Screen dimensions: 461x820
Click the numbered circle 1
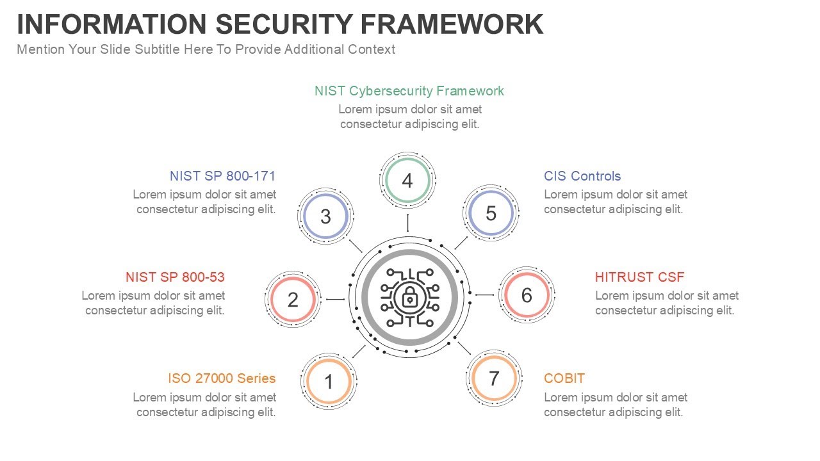329,382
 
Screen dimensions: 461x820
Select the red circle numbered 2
293,299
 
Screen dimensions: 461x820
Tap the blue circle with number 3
325,216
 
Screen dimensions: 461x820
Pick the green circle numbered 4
407,181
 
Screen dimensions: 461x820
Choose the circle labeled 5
491,213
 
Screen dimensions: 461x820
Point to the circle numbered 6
527,295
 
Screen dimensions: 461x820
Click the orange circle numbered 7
493,378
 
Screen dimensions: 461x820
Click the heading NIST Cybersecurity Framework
409,91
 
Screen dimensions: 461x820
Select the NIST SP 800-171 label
222,176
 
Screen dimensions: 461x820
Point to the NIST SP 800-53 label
175,277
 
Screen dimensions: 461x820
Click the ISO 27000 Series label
222,378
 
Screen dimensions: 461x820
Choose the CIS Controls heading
582,176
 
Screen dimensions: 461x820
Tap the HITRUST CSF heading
639,277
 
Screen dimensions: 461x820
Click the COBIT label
564,378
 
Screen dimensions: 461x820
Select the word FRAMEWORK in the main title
452,24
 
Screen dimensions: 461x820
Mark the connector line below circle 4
407,223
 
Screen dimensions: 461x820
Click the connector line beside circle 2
336,299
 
